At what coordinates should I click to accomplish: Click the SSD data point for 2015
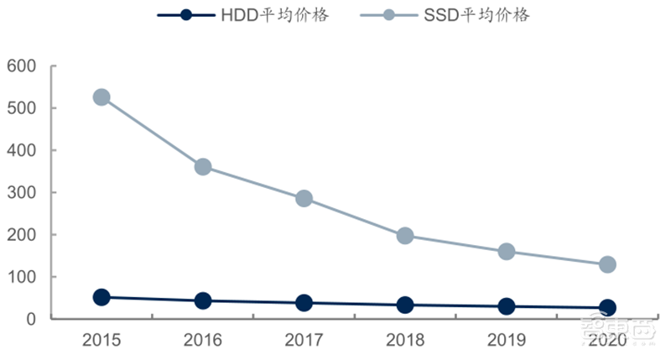pos(101,97)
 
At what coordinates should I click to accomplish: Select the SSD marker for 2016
pos(202,167)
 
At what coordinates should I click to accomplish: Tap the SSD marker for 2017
pos(304,199)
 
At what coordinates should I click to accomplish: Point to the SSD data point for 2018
pos(405,236)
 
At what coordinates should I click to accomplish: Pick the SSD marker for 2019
pos(507,252)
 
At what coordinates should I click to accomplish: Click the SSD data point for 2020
pos(607,264)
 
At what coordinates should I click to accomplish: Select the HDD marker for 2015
pos(101,297)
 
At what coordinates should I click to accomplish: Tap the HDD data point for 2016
pos(202,300)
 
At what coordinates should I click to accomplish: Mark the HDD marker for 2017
pos(304,303)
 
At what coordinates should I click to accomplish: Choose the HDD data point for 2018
pos(405,305)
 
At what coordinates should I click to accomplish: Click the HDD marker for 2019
pos(507,307)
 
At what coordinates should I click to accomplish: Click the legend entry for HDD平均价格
pos(243,16)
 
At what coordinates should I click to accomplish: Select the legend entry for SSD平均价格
pos(445,16)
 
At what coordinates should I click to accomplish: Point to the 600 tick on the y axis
pos(23,66)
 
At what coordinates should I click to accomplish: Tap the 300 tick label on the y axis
pos(23,193)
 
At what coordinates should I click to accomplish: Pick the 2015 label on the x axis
pos(101,341)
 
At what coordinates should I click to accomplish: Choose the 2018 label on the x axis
pos(405,341)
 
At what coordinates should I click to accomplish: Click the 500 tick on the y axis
pos(23,108)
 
